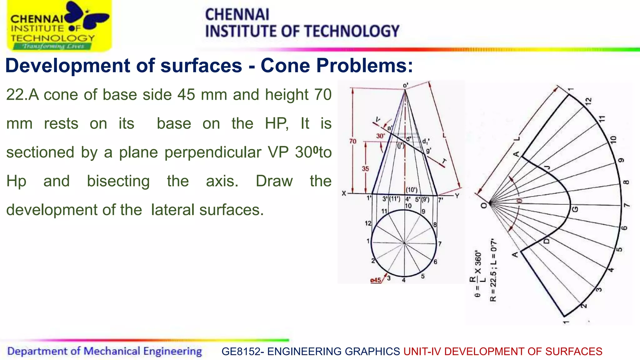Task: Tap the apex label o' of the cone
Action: pyautogui.click(x=406, y=85)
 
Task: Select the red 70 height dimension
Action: pyautogui.click(x=353, y=141)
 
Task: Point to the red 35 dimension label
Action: pyautogui.click(x=365, y=169)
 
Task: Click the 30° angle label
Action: pyautogui.click(x=380, y=136)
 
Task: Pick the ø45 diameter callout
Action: pyautogui.click(x=376, y=280)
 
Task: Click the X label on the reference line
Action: pyautogui.click(x=344, y=193)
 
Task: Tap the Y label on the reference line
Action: pyautogui.click(x=457, y=196)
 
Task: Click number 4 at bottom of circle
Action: pyautogui.click(x=404, y=280)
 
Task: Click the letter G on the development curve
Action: pyautogui.click(x=575, y=209)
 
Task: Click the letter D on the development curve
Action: pyautogui.click(x=547, y=241)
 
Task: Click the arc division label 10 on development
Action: pyautogui.click(x=613, y=139)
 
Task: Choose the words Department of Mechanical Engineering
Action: pyautogui.click(x=104, y=351)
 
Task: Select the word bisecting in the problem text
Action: pyautogui.click(x=118, y=181)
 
